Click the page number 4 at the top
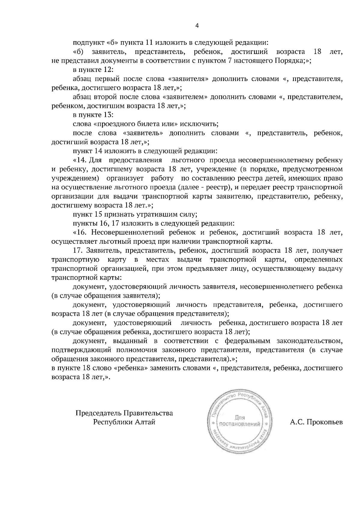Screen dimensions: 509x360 197,26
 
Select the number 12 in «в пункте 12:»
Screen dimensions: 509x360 107,70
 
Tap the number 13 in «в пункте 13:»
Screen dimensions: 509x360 107,115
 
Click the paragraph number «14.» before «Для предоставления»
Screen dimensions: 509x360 82,160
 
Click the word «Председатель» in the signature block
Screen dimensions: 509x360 98,413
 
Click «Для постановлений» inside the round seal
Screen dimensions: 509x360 239,421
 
